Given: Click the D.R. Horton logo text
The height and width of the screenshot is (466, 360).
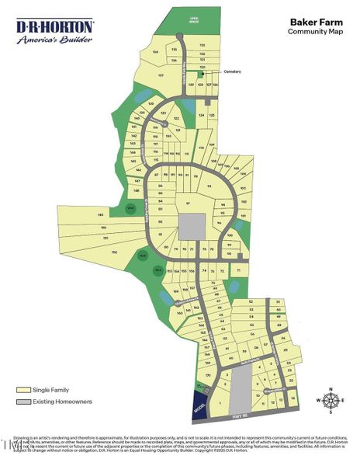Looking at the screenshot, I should tap(55, 26).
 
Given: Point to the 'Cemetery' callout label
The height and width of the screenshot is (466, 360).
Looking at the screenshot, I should tap(233, 71).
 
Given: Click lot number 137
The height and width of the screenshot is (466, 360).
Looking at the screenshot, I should tap(161, 75).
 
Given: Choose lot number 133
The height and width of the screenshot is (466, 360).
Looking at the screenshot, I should tap(202, 46).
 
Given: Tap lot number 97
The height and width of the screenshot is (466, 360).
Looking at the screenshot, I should tap(189, 203).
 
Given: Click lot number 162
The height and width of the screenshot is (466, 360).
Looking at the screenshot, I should tap(114, 252).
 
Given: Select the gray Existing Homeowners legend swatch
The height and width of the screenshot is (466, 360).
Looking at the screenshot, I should tap(23, 402).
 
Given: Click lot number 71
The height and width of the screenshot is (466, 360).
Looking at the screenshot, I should tap(239, 270).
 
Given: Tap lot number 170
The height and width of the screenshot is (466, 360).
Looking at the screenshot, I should tap(208, 375).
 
